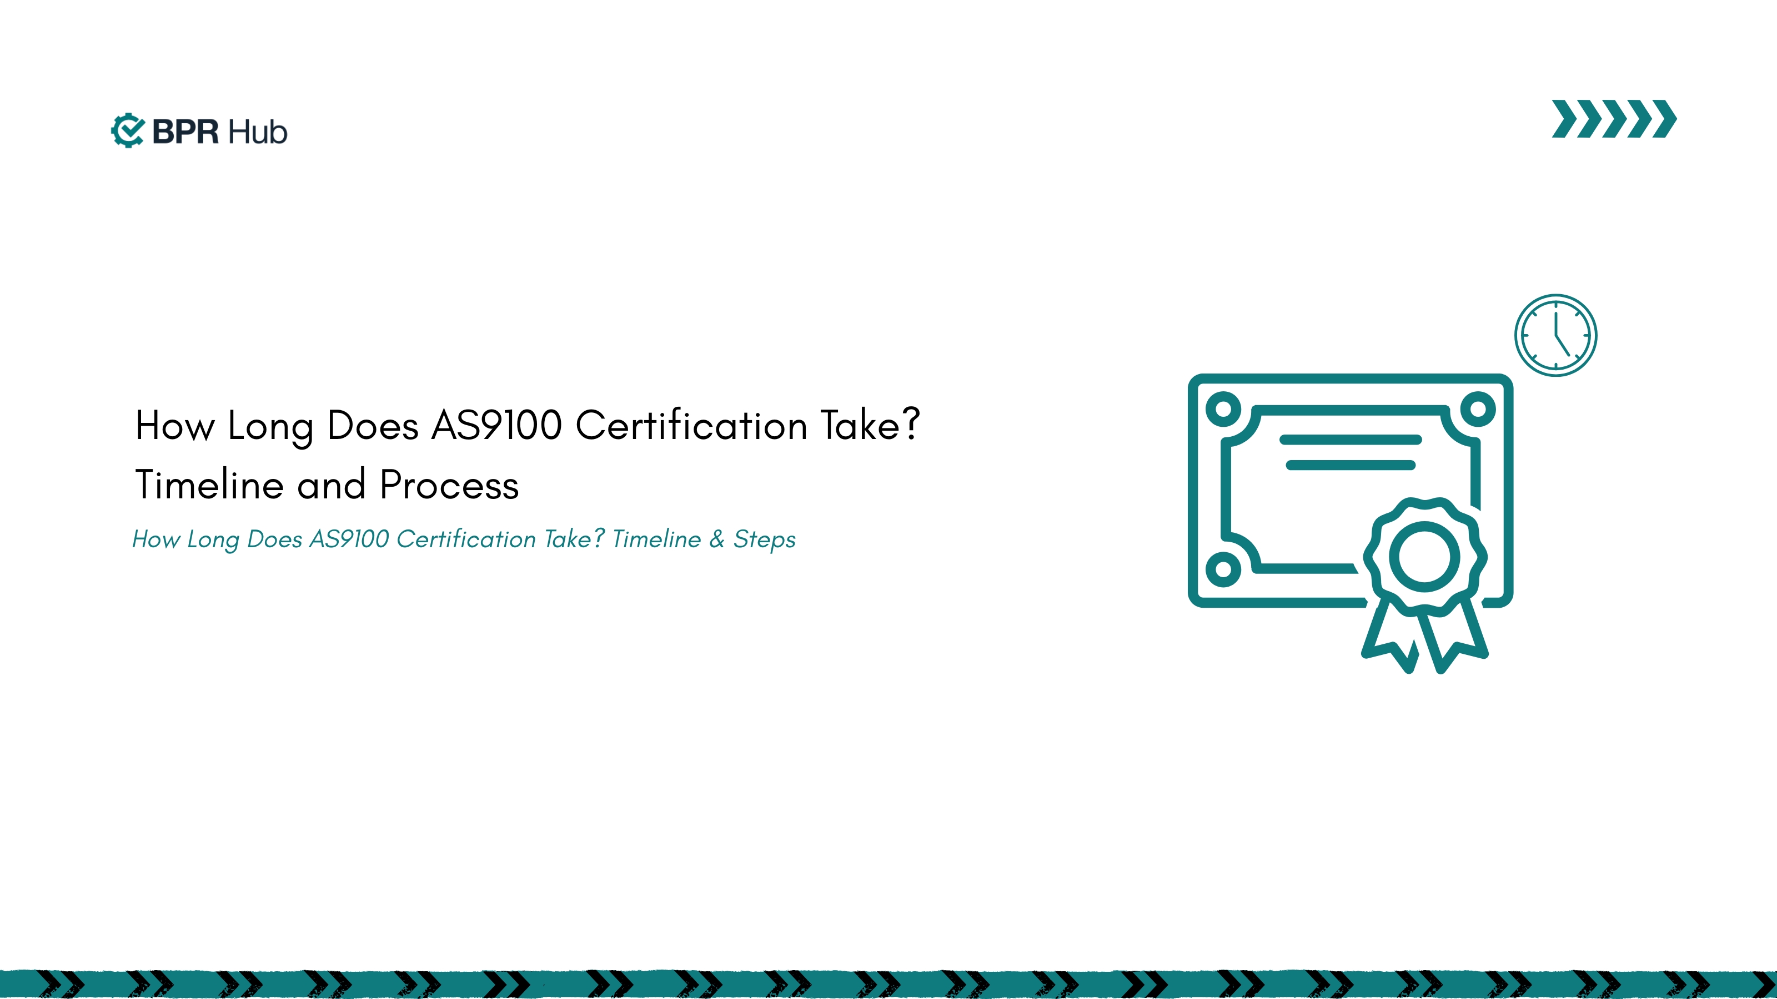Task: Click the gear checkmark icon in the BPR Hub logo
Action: (x=128, y=130)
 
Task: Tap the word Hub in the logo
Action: (x=257, y=132)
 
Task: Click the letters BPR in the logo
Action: (x=185, y=132)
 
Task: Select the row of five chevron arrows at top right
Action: (x=1614, y=119)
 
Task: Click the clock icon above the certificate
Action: (x=1555, y=335)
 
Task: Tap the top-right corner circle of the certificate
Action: (x=1478, y=409)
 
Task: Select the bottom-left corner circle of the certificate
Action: (x=1223, y=569)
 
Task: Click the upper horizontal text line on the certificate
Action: (x=1350, y=439)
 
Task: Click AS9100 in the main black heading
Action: (x=496, y=425)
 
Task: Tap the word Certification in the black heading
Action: (x=691, y=425)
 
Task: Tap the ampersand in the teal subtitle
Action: (x=717, y=538)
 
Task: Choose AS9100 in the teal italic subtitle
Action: (x=349, y=538)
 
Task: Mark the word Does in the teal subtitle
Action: (x=274, y=538)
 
